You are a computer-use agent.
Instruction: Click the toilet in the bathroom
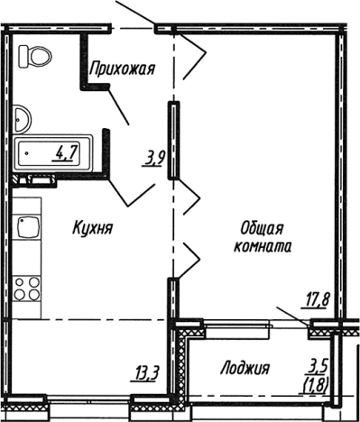pyautogui.click(x=37, y=59)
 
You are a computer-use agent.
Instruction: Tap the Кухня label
pyautogui.click(x=92, y=229)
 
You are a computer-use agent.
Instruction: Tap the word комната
pyautogui.click(x=262, y=245)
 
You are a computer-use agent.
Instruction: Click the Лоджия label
pyautogui.click(x=245, y=368)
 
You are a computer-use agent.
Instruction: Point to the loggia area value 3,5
pyautogui.click(x=315, y=364)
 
